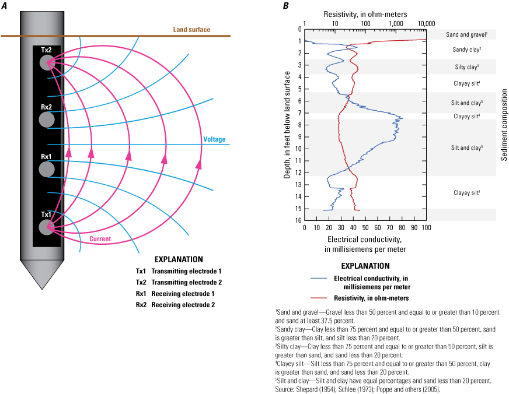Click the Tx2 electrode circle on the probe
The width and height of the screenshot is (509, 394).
[x=46, y=64]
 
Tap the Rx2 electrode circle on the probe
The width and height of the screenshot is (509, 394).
[x=46, y=120]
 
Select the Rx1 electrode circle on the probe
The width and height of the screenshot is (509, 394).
[x=46, y=170]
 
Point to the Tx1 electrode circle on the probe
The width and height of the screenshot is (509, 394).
[x=46, y=227]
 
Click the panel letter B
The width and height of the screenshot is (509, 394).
[x=285, y=5]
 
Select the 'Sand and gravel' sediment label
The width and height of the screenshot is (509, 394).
[x=466, y=35]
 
